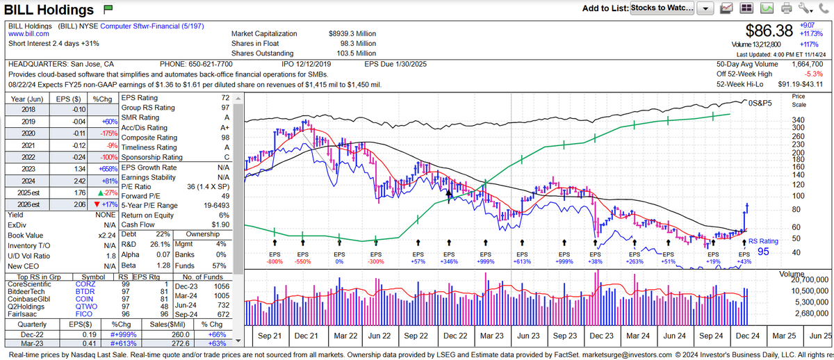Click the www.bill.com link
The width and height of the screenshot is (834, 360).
28,33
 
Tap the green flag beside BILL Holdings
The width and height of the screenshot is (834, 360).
108,10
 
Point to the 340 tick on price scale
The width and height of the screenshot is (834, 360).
799,119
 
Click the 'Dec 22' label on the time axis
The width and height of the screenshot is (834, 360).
455,335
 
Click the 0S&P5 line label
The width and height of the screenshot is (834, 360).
760,103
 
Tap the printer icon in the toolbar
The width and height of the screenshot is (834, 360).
787,8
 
